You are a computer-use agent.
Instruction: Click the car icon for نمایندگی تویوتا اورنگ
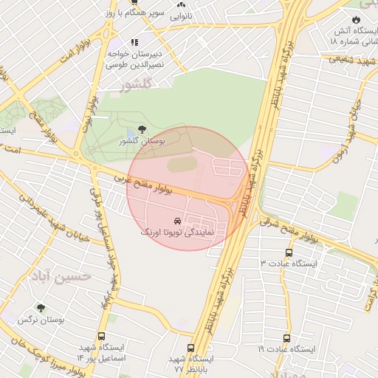[176, 221]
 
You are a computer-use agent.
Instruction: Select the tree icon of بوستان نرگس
[41, 309]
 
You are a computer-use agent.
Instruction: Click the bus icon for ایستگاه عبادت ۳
[289, 252]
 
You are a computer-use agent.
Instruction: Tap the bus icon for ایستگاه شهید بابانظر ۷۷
[191, 348]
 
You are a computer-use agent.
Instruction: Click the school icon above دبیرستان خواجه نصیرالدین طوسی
[134, 42]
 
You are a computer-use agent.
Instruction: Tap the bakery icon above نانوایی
[180, 4]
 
